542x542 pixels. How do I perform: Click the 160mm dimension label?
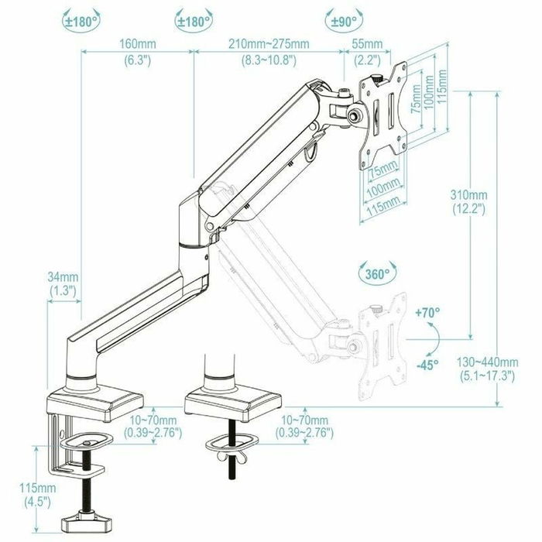pos(135,44)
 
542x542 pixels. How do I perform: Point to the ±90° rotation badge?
pos(343,21)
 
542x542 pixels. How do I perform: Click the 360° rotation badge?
pos(377,274)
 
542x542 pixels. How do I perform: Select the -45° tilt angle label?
pos(427,363)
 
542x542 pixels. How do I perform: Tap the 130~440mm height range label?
pos(499,362)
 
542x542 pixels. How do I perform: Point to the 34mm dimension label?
pos(63,276)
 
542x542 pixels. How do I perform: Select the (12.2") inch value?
pos(469,208)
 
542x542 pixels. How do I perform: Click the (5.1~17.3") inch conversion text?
pos(499,377)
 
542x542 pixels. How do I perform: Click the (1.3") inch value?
pos(63,290)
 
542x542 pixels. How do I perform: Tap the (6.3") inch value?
pos(135,60)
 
